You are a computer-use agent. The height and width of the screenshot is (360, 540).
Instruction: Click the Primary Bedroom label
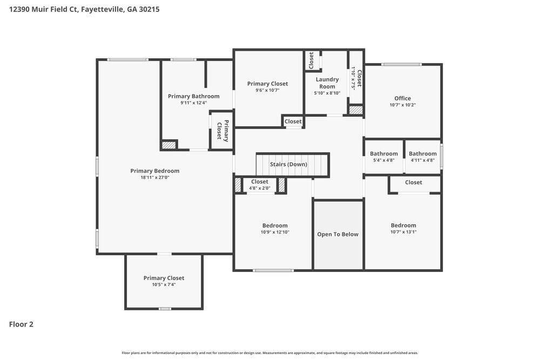tap(154, 171)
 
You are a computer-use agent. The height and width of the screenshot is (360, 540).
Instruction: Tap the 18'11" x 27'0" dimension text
tap(154, 178)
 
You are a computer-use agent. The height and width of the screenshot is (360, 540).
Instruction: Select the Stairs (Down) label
tap(289, 164)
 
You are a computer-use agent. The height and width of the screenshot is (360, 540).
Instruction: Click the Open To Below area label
tap(337, 234)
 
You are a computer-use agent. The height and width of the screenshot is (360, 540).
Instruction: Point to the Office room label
tap(402, 98)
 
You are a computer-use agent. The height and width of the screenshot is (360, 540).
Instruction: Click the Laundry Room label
tap(327, 83)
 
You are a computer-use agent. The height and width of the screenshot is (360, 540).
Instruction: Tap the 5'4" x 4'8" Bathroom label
tap(384, 154)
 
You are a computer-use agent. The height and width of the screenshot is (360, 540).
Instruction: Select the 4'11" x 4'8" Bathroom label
tap(422, 154)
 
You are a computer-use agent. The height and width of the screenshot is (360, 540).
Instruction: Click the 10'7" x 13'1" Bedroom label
tap(403, 226)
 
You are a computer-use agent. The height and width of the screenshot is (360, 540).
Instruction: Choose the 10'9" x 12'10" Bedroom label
tap(275, 226)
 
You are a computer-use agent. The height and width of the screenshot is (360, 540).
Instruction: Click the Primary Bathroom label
tap(193, 96)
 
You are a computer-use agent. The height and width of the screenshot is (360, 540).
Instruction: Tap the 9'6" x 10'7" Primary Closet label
tap(267, 84)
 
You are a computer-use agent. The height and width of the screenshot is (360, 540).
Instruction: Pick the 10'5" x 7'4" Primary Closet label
tap(164, 278)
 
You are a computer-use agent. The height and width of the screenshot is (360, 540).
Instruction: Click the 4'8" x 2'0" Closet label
tap(259, 182)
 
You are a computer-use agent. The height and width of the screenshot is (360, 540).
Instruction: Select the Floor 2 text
tap(21, 324)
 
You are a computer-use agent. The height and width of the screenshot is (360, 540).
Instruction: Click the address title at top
tap(84, 9)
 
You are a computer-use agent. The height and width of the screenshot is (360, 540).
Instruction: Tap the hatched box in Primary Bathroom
tap(169, 145)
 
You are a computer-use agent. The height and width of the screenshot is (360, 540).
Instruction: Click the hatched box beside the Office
tap(355, 110)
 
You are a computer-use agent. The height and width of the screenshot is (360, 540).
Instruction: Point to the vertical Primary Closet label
tap(222, 130)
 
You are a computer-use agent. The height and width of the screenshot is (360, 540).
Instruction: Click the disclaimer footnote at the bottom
tap(269, 353)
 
